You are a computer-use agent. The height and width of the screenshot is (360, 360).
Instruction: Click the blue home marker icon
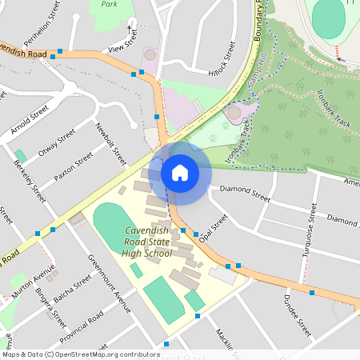click(179, 172)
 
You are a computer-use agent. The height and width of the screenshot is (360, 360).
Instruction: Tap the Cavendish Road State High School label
click(147, 242)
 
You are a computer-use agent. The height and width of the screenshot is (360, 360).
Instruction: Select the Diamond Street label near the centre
click(246, 191)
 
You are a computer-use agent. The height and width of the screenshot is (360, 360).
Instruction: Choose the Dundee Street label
click(296, 314)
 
